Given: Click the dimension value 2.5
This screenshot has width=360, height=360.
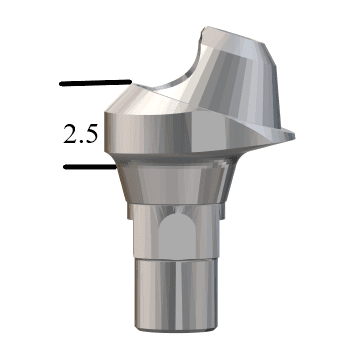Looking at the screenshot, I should click(x=81, y=134).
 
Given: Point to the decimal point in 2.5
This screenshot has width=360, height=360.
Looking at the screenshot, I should click(x=80, y=142).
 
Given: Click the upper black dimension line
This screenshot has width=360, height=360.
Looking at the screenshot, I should click(x=96, y=82).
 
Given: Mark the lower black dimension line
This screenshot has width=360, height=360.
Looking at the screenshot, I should click(x=87, y=167).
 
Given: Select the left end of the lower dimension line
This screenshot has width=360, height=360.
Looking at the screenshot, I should click(x=63, y=167).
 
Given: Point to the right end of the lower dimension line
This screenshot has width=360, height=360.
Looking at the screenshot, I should click(x=111, y=167).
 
